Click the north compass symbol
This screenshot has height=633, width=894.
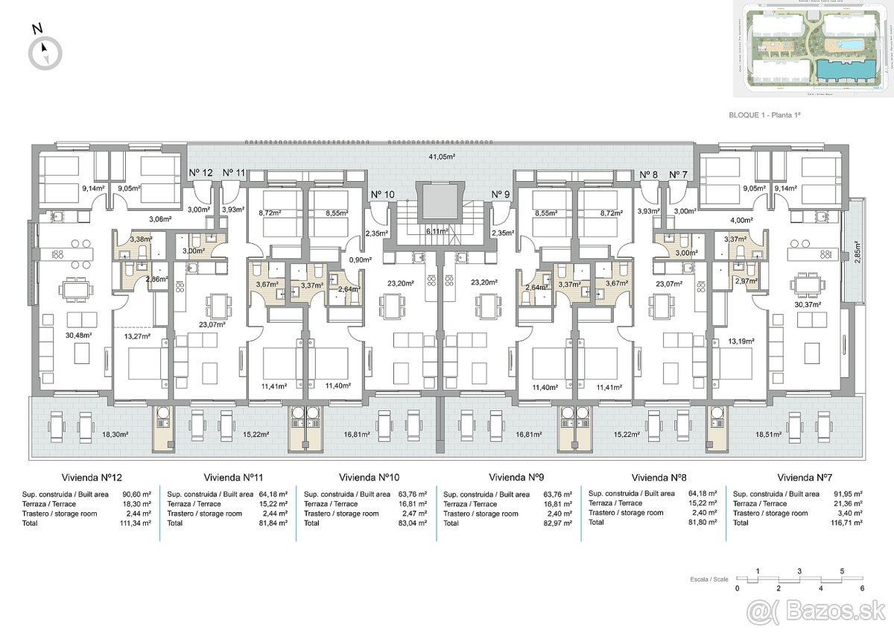(45, 52)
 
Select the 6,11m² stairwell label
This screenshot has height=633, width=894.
(437, 231)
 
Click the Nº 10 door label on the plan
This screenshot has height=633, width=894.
(384, 195)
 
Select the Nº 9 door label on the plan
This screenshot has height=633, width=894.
(500, 195)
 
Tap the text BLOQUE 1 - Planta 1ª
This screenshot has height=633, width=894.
(767, 116)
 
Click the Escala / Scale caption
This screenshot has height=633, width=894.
(708, 579)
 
